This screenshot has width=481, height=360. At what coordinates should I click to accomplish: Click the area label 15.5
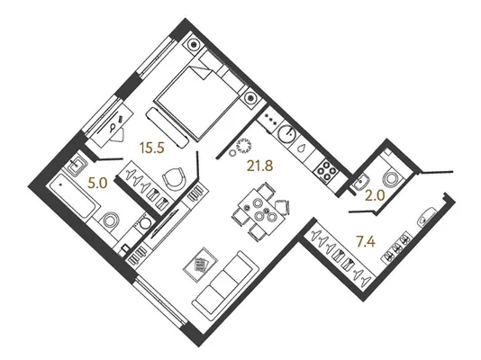[152, 148]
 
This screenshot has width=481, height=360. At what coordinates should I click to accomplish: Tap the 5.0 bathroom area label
[97, 184]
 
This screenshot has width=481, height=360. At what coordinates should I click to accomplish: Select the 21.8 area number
[259, 166]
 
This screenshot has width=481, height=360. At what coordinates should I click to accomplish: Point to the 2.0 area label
[375, 195]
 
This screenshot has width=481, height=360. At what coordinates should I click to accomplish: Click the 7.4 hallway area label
[366, 242]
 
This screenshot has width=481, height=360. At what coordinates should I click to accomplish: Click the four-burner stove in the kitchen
[326, 172]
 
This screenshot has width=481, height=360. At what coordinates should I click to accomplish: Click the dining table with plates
[258, 211]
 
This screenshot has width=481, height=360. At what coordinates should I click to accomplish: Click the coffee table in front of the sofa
[200, 264]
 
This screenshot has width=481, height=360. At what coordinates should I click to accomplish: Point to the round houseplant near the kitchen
[244, 145]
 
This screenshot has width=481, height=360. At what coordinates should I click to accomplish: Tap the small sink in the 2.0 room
[361, 184]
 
